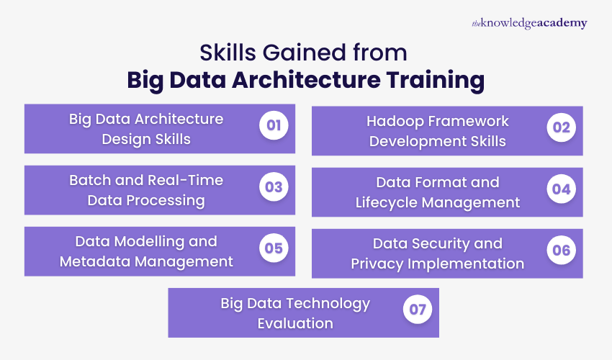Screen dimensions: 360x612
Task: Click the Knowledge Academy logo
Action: [x=529, y=23]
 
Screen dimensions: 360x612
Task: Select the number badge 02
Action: [x=561, y=128]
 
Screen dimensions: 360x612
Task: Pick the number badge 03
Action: [x=273, y=187]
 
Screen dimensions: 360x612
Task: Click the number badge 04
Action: [x=561, y=189]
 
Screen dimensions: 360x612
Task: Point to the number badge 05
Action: [x=273, y=248]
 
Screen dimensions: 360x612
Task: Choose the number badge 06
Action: [x=561, y=250]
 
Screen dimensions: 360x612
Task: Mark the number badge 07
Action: [x=417, y=310]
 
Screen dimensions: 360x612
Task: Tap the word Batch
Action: [x=91, y=180]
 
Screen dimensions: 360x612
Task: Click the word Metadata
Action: [x=94, y=261]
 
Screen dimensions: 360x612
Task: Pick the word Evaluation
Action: [x=295, y=323]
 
